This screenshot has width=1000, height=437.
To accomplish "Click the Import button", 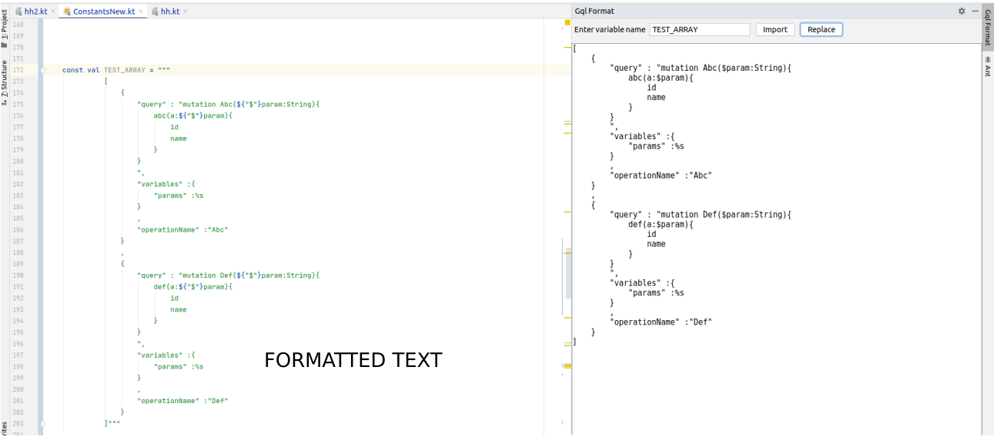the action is pos(774,29).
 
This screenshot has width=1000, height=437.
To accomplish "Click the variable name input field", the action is pos(699,29).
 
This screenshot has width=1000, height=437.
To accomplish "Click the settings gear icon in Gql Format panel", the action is pos(962,12).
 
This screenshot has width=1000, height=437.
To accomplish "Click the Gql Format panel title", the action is pos(594,12).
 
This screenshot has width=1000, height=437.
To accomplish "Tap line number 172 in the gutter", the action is pos(18,70).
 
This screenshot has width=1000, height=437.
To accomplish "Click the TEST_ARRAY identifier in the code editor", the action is pos(125,70).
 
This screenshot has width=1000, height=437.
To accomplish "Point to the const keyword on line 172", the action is pos(72,70).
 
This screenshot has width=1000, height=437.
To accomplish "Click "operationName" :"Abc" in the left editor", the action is pos(182,230).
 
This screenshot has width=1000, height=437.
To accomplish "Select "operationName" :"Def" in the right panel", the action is pos(661,322).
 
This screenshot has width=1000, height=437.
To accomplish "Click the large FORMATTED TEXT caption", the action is pos(353,360).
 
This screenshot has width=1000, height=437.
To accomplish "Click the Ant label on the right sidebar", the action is pos(988,67).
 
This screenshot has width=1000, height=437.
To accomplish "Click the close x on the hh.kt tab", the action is pos(186,12).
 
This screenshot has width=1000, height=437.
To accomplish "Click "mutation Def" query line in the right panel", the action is pos(701,215).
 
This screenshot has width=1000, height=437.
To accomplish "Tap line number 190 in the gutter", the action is pos(18,275).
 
